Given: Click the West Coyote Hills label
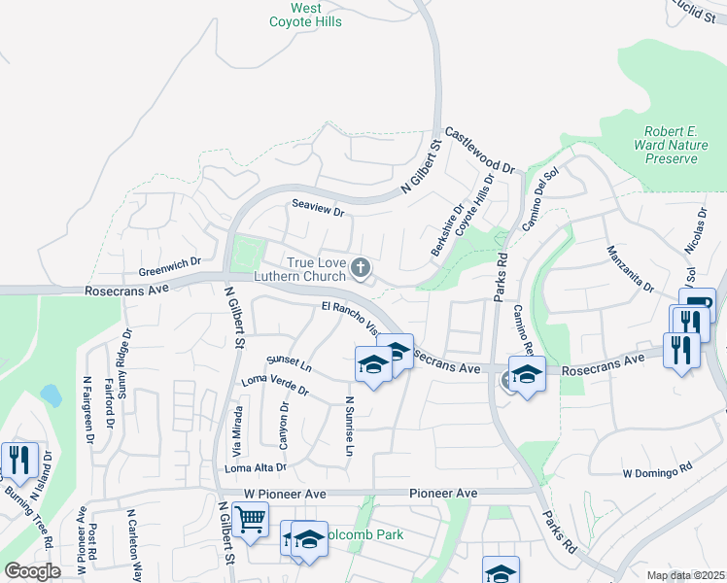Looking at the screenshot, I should pyautogui.click(x=306, y=15).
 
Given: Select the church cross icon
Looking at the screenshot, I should pyautogui.click(x=361, y=266).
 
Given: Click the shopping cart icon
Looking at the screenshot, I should pyautogui.click(x=251, y=521).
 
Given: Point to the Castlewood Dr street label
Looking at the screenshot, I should pyautogui.click(x=479, y=151).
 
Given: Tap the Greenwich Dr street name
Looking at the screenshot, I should pyautogui.click(x=169, y=262).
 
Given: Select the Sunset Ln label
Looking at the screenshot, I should pyautogui.click(x=289, y=365).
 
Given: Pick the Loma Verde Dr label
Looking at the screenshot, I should pyautogui.click(x=275, y=386).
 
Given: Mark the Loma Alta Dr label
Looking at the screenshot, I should pyautogui.click(x=256, y=467).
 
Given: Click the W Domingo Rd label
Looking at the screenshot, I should pyautogui.click(x=657, y=472).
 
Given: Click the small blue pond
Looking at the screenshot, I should pyautogui.click(x=50, y=394).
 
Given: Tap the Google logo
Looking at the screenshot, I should pyautogui.click(x=32, y=571).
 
